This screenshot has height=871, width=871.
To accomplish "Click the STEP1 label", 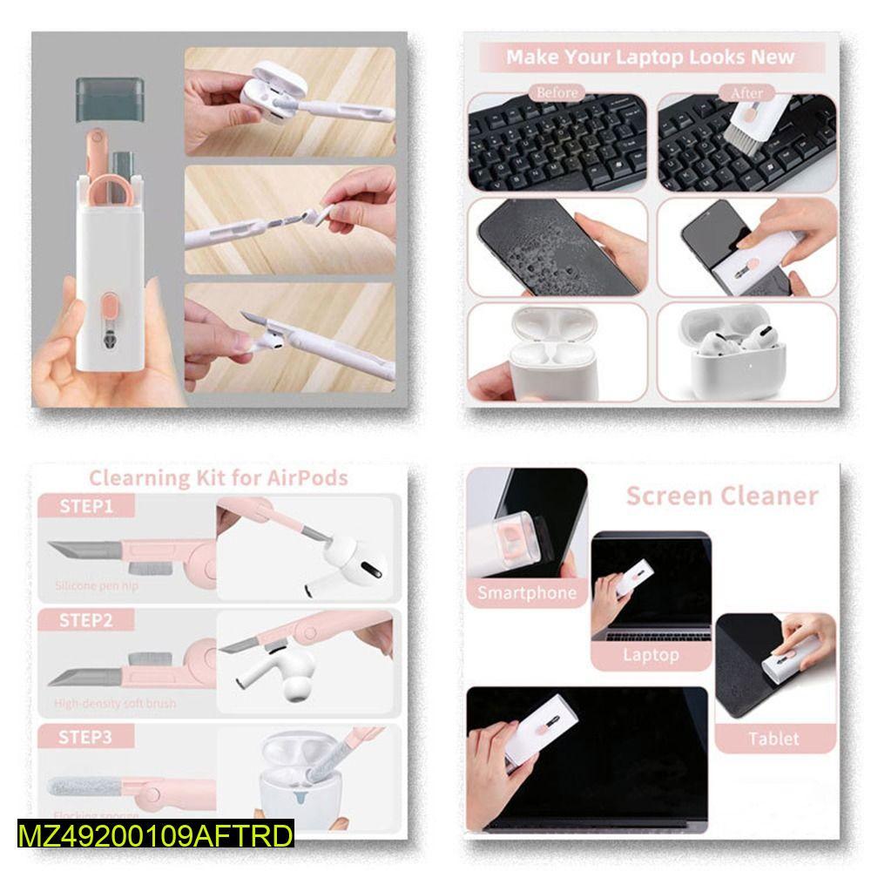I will pyautogui.click(x=86, y=506).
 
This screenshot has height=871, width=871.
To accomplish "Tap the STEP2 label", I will pyautogui.click(x=86, y=621).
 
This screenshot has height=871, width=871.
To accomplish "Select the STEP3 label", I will pyautogui.click(x=86, y=737).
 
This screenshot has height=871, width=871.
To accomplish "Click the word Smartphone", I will pyautogui.click(x=527, y=594).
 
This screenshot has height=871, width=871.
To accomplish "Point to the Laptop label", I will pyautogui.click(x=650, y=655).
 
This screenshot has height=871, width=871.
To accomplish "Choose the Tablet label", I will pyautogui.click(x=773, y=739).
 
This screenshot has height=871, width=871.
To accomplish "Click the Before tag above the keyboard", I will pyautogui.click(x=557, y=92).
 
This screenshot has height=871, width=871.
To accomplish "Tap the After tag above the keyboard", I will pyautogui.click(x=746, y=92).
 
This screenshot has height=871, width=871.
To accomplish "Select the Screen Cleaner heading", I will pyautogui.click(x=722, y=496).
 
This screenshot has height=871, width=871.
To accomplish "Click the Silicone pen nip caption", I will pyautogui.click(x=96, y=586).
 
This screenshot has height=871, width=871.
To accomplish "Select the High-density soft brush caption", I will pyautogui.click(x=114, y=703).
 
